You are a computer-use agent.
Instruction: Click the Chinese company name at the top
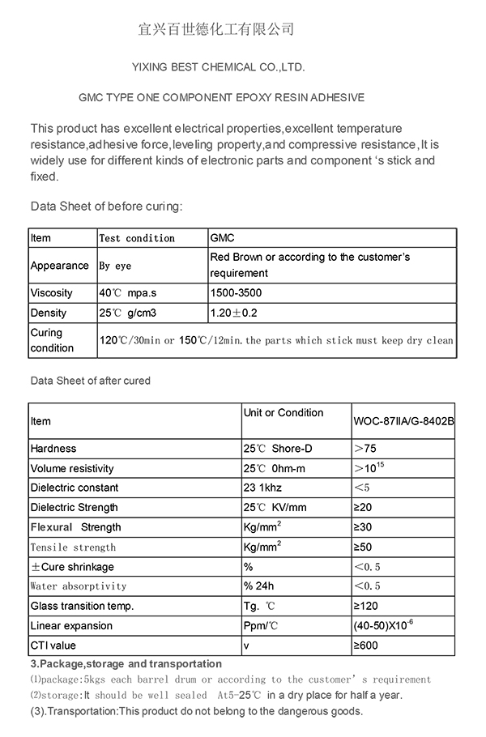point(216,30)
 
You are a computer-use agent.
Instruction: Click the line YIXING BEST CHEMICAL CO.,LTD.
point(218,67)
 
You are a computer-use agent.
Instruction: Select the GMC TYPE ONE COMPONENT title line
point(221,97)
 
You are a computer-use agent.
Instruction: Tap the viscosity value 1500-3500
point(236,292)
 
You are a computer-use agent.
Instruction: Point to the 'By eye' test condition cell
point(115,266)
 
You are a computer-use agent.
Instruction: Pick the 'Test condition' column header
point(136,238)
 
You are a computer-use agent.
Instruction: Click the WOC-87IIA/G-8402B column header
point(403,422)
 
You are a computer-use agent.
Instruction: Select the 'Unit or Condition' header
point(283,413)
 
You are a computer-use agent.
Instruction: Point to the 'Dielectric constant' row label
point(75,488)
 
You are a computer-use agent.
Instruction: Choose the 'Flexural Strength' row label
point(75,527)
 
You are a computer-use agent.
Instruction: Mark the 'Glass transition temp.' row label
point(82,606)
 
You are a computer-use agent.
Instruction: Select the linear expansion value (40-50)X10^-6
point(382,625)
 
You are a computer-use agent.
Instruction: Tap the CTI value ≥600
point(365,645)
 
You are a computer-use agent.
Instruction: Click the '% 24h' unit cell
point(260,586)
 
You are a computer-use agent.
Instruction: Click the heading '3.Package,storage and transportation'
point(126,664)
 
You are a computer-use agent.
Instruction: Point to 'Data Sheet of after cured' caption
point(90,380)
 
